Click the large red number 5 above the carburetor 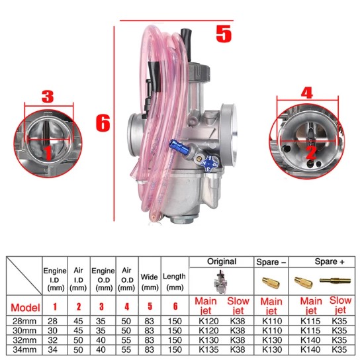[x=224, y=34]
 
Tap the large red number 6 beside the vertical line [x=103, y=123]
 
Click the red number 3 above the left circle [x=48, y=97]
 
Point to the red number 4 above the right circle [x=307, y=93]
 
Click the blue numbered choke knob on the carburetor [x=209, y=163]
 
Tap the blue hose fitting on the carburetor [x=179, y=148]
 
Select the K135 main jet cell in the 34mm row [x=208, y=349]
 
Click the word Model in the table [x=25, y=308]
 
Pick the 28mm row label [x=24, y=321]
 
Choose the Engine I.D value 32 [x=52, y=340]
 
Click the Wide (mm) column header [x=150, y=282]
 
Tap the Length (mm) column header [x=174, y=282]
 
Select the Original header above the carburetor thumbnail [x=222, y=261]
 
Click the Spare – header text [x=271, y=262]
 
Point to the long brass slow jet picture [x=335, y=281]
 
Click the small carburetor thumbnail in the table [x=221, y=282]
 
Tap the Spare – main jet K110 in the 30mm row [x=272, y=331]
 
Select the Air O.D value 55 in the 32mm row [x=126, y=340]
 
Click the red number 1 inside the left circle [x=48, y=153]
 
